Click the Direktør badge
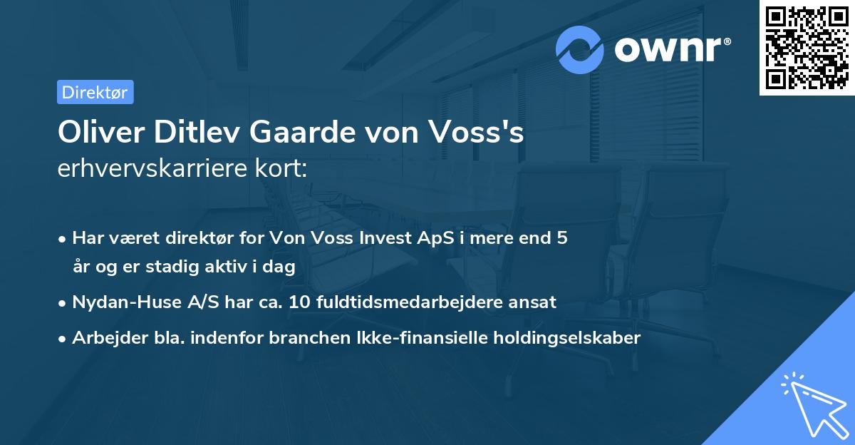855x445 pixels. pyautogui.click(x=95, y=92)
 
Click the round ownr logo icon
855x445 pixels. pyautogui.click(x=581, y=49)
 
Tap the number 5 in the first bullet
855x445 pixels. pyautogui.click(x=562, y=238)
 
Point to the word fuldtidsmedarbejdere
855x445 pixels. pyautogui.click(x=420, y=302)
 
